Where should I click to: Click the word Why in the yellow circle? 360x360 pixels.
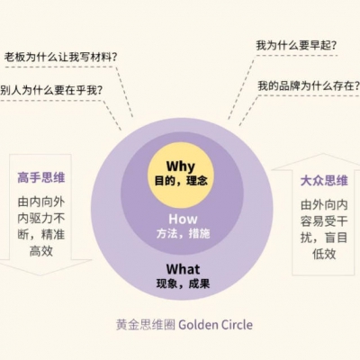pos(181,166)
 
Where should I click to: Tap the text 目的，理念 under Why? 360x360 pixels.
pos(181,181)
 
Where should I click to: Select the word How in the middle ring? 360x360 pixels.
pos(183,219)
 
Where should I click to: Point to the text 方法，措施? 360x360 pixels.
pos(183,233)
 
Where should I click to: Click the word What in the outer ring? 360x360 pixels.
pos(183,269)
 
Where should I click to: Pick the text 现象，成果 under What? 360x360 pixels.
pos(183,283)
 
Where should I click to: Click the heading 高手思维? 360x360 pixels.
pos(41,177)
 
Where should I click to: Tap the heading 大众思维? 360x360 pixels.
pos(324,181)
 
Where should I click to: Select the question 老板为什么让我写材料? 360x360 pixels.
pos(60,57)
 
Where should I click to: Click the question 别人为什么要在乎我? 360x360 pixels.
pos(51,90)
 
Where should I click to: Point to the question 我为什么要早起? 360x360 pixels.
pos(296,46)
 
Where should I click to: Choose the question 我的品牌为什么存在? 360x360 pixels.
pos(309,86)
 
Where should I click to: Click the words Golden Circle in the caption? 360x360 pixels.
pos(216,325)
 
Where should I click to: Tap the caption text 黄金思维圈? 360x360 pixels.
pos(146,325)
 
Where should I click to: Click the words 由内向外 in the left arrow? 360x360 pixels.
pos(41,202)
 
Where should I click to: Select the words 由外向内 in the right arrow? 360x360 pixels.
pos(324,205)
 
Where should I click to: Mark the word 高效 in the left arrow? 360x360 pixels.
pos(41,251)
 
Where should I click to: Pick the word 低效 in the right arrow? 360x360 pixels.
pos(324,254)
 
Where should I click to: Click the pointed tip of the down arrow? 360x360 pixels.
pos(40,275)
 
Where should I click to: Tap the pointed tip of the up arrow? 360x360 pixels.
pos(323,154)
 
